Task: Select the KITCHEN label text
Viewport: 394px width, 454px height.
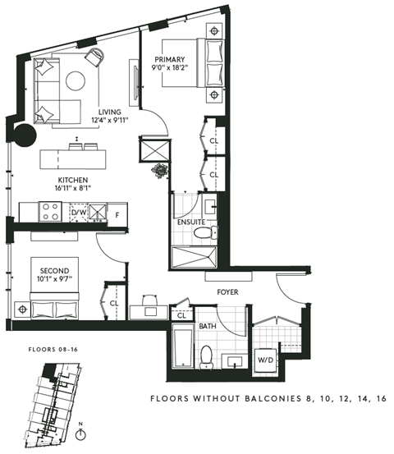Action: point(72,180)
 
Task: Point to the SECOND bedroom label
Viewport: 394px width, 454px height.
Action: point(53,271)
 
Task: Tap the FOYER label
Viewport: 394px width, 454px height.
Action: point(227,291)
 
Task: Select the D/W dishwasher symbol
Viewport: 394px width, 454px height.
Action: point(79,213)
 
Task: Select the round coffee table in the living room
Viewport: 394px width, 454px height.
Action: point(76,81)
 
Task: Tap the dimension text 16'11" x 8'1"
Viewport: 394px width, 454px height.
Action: point(72,189)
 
